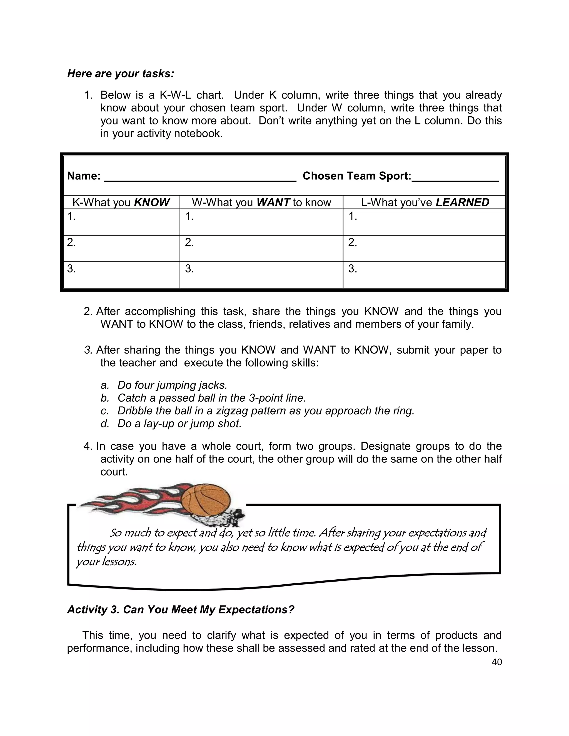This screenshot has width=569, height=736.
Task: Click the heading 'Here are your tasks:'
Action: click(x=121, y=74)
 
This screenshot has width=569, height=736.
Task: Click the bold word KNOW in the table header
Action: click(x=152, y=202)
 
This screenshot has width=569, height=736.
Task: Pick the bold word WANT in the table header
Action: click(x=273, y=202)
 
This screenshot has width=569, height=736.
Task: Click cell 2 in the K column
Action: click(x=121, y=248)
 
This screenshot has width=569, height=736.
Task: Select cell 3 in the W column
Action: click(x=261, y=275)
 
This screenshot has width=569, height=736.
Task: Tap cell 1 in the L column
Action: click(x=424, y=222)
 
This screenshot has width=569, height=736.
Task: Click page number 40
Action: click(x=497, y=662)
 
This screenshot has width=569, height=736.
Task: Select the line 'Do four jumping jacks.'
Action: click(x=172, y=385)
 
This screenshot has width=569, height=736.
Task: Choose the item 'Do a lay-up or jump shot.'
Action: click(x=179, y=424)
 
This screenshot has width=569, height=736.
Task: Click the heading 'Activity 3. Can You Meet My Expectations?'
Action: click(x=181, y=610)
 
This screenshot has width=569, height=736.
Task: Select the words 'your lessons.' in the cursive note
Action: click(x=106, y=562)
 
